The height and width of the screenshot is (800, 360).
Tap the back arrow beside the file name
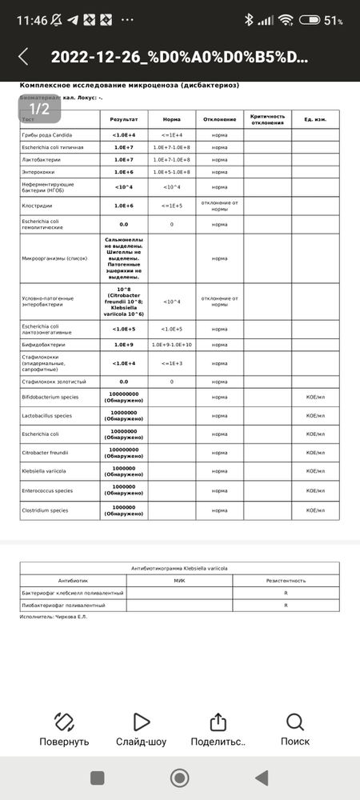tap(23, 57)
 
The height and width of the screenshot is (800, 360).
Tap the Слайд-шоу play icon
tap(141, 724)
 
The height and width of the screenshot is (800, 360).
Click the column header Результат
tap(123, 119)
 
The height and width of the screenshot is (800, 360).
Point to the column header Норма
tap(171, 119)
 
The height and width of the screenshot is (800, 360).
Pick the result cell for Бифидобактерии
tap(123, 345)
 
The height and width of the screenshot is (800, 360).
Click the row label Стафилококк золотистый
tap(53, 382)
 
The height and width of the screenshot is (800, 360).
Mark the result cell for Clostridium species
tap(123, 510)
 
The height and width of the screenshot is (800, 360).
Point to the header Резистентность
tap(286, 580)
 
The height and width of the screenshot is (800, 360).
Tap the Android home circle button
tap(180, 778)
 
